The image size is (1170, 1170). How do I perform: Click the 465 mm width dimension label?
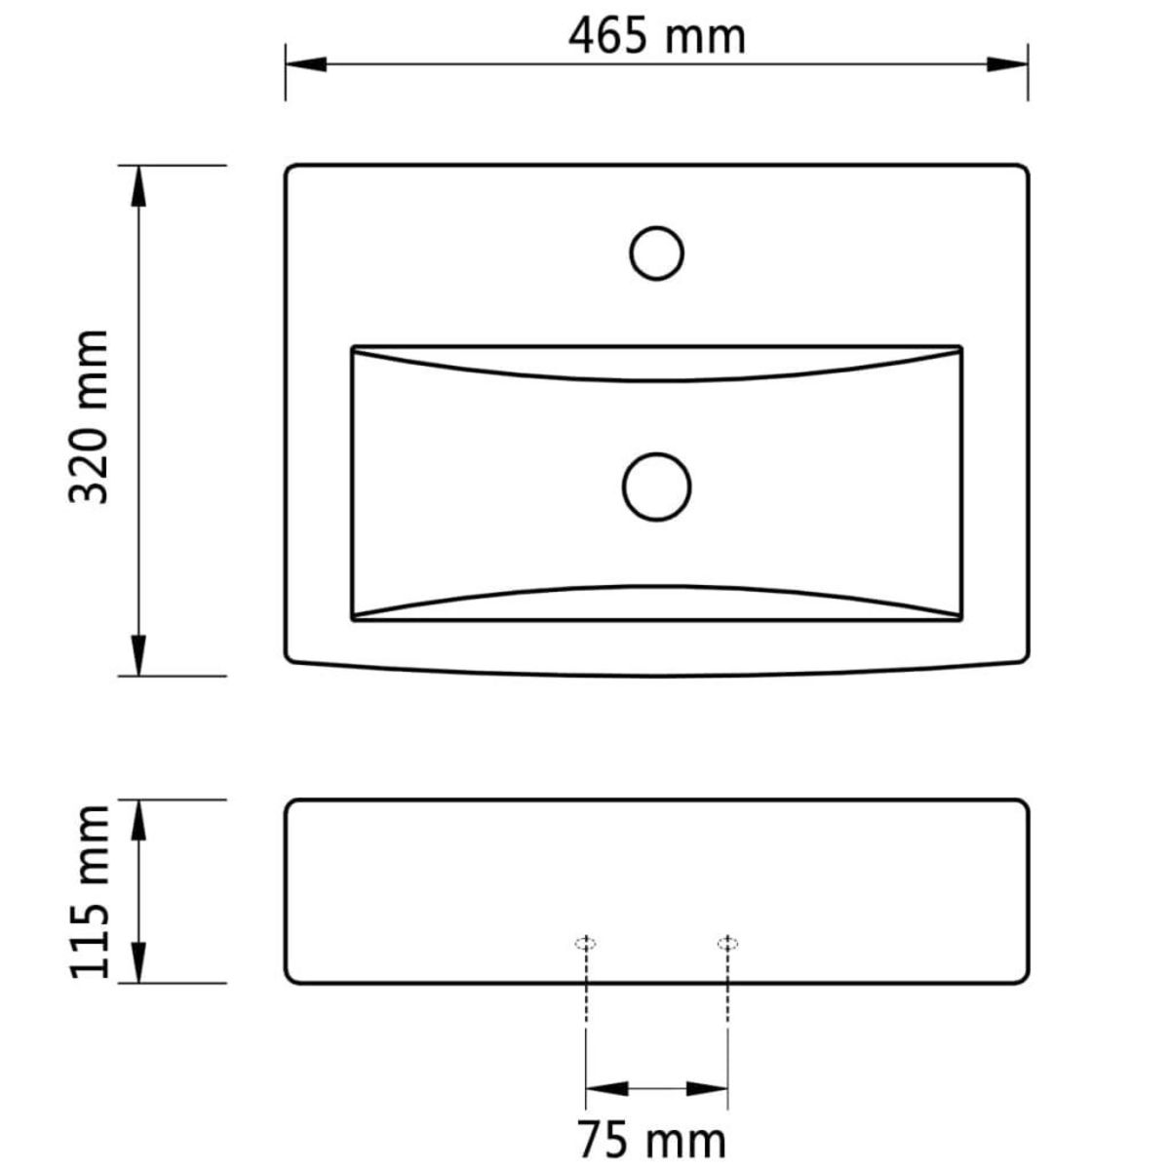click(657, 37)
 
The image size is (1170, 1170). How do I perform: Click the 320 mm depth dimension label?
click(90, 416)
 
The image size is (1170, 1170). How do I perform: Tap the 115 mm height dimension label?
click(90, 890)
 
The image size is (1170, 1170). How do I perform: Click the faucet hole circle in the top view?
click(657, 253)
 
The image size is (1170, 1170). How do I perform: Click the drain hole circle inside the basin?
click(657, 487)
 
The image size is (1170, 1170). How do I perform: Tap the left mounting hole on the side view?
click(585, 943)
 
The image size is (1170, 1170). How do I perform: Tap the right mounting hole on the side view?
click(727, 943)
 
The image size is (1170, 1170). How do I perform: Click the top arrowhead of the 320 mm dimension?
click(138, 185)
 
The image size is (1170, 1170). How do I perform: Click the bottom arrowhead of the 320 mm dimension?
click(138, 655)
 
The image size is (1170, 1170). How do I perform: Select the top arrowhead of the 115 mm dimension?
click(138, 820)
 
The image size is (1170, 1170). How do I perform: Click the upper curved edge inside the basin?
click(657, 378)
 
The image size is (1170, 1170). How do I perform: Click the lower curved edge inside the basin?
click(657, 587)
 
